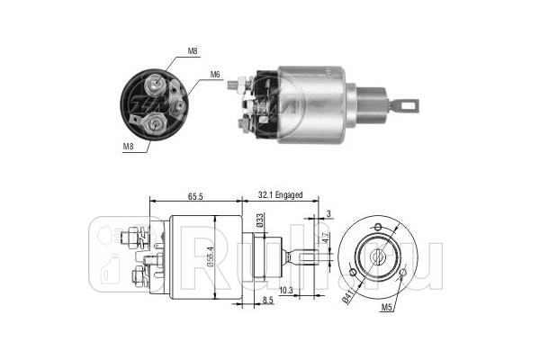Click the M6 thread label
coord(216,74)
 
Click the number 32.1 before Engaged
coord(266,193)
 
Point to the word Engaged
coord(291,193)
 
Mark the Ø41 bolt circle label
coord(346,291)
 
